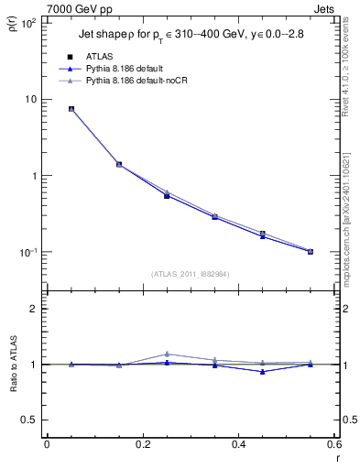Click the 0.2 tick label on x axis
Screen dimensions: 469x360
click(x=142, y=444)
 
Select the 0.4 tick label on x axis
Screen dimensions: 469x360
click(x=238, y=444)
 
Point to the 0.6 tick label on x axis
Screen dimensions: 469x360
click(x=333, y=444)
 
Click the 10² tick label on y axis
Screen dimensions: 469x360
click(x=29, y=23)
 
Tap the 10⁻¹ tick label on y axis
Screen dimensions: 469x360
click(x=29, y=252)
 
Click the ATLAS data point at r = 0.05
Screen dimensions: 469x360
click(x=71, y=109)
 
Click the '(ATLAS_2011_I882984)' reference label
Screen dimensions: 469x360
click(x=191, y=275)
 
